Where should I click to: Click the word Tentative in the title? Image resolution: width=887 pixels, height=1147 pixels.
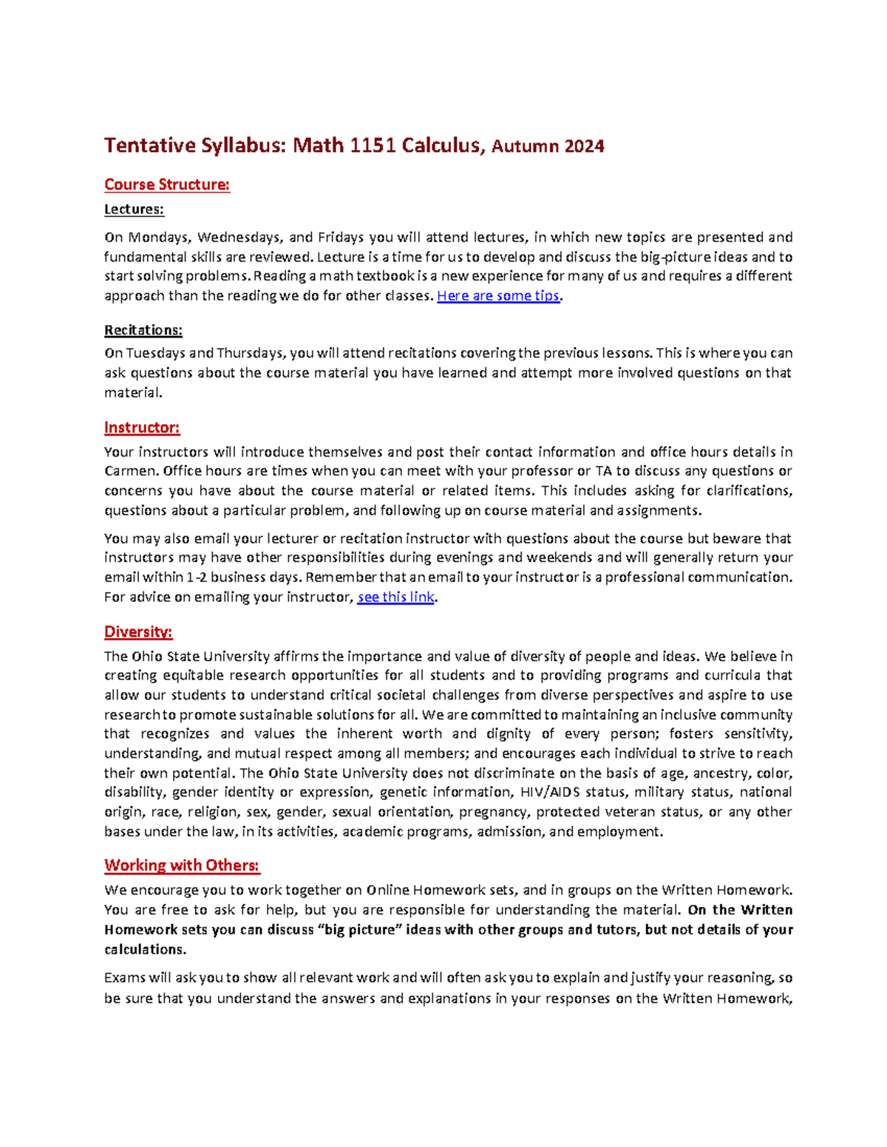[149, 145]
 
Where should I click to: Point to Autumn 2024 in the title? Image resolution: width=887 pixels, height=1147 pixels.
[548, 146]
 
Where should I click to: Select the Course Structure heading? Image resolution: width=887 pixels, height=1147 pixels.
[167, 185]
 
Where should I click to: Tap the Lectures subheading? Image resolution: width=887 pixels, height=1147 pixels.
[134, 209]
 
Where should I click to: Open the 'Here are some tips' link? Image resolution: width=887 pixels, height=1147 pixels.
[498, 296]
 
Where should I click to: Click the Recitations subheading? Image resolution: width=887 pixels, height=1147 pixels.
[143, 329]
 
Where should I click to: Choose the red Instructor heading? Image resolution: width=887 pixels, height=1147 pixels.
[142, 428]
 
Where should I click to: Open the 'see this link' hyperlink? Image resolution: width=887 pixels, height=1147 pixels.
[395, 597]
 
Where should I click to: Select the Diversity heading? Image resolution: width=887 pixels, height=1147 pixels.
[138, 631]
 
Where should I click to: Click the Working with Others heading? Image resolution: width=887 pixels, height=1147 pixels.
[182, 865]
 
